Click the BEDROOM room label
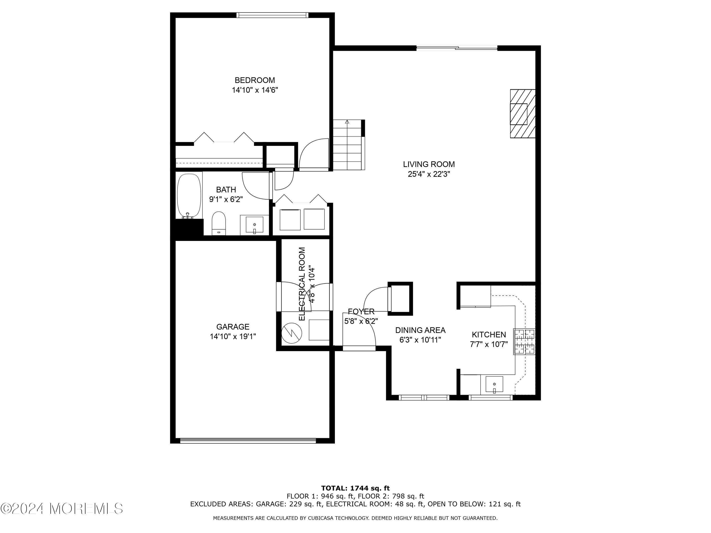tap(255, 80)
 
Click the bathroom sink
tap(254, 225)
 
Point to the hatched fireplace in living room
tap(523, 114)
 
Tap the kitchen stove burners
tap(524, 342)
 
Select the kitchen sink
tap(494, 384)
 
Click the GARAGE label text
tap(233, 327)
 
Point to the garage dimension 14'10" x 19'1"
tap(233, 337)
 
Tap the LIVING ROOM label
tap(429, 164)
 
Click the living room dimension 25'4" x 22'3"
tap(429, 174)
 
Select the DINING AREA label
tap(420, 330)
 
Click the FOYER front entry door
tap(359, 348)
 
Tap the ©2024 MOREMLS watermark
tap(62, 509)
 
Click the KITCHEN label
tap(488, 334)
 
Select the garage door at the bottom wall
tap(248, 441)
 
